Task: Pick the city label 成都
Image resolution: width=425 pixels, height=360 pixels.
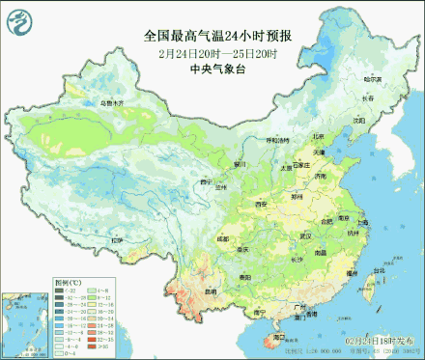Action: pyautogui.click(x=224, y=237)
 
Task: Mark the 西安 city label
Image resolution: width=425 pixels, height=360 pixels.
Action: pyautogui.click(x=260, y=205)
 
